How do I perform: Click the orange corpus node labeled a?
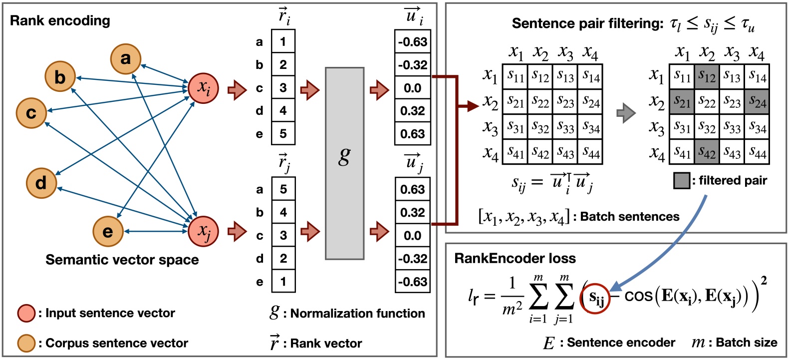point(125,59)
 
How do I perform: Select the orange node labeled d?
point(41,183)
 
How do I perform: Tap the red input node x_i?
point(203,88)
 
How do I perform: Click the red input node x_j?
point(203,231)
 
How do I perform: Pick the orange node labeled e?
point(108,232)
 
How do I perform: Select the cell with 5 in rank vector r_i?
point(283,134)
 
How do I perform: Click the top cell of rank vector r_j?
point(283,189)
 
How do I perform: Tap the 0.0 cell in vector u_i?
point(412,88)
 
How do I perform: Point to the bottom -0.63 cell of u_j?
point(412,282)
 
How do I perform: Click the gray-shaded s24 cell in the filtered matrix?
point(757,102)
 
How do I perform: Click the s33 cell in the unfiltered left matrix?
point(565,127)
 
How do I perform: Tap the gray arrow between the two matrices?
point(626,113)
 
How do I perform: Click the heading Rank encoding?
point(60,21)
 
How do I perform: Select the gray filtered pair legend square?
point(682,181)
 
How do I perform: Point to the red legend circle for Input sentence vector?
point(26,313)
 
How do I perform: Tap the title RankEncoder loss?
point(515,258)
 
